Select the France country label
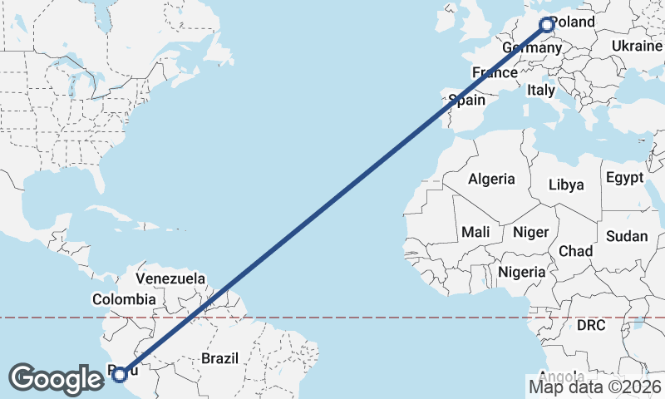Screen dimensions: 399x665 coord(495,73)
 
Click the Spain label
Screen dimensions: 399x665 coord(466,101)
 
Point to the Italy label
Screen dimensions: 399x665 coord(540,90)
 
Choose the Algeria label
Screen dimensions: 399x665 coord(491,179)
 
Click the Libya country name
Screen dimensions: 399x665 coord(566,184)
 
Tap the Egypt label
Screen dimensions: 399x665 coord(624,178)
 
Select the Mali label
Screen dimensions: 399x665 coord(475,232)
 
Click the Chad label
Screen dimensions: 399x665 coord(575,250)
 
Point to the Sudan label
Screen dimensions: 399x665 coord(626,237)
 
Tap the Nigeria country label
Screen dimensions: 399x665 coord(522,272)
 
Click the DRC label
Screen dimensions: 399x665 coord(591,325)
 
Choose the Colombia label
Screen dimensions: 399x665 coord(124,299)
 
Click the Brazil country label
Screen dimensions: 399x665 coord(219,358)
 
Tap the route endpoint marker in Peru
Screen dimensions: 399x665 coord(120,375)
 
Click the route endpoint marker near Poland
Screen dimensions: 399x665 coord(547,25)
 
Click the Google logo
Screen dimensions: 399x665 coord(57,379)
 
